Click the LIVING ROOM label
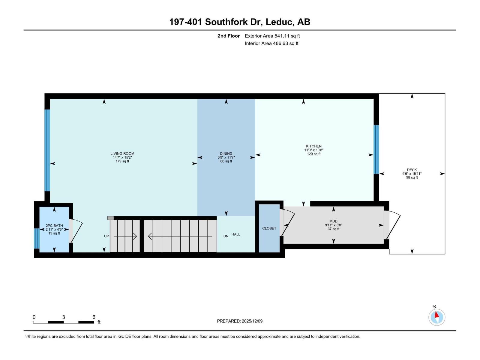122,154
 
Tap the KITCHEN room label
313,146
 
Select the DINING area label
226,154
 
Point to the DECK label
412,170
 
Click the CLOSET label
269,228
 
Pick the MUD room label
333,221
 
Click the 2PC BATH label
54,226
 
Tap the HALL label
236,234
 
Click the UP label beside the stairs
106,236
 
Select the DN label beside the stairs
226,236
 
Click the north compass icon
436,317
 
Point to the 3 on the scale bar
64,317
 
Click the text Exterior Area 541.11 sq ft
272,36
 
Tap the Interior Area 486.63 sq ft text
271,43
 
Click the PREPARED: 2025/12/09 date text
240,321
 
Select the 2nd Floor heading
229,36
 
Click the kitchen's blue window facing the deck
376,149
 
